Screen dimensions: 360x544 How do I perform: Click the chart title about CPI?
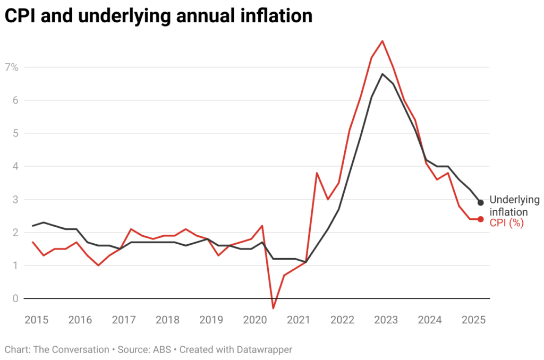tap(158, 16)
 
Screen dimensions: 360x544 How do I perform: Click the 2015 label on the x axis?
tap(36, 320)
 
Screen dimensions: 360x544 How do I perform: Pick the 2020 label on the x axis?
tap(254, 320)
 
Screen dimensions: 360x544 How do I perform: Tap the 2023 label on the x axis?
tap(386, 320)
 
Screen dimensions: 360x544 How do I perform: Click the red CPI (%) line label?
tap(506, 224)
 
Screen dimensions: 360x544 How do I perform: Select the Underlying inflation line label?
tap(514, 205)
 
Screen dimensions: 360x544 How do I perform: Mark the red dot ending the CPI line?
tap(480, 219)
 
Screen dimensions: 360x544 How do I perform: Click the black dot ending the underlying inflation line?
tap(480, 202)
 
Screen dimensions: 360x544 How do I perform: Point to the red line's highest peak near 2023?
tap(382, 41)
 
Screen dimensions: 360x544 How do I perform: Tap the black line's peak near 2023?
tap(382, 74)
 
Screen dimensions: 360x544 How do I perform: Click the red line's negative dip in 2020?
tap(273, 308)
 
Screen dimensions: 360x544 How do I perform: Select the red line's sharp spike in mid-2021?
tap(317, 173)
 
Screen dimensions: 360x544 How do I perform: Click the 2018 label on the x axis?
tap(167, 320)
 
